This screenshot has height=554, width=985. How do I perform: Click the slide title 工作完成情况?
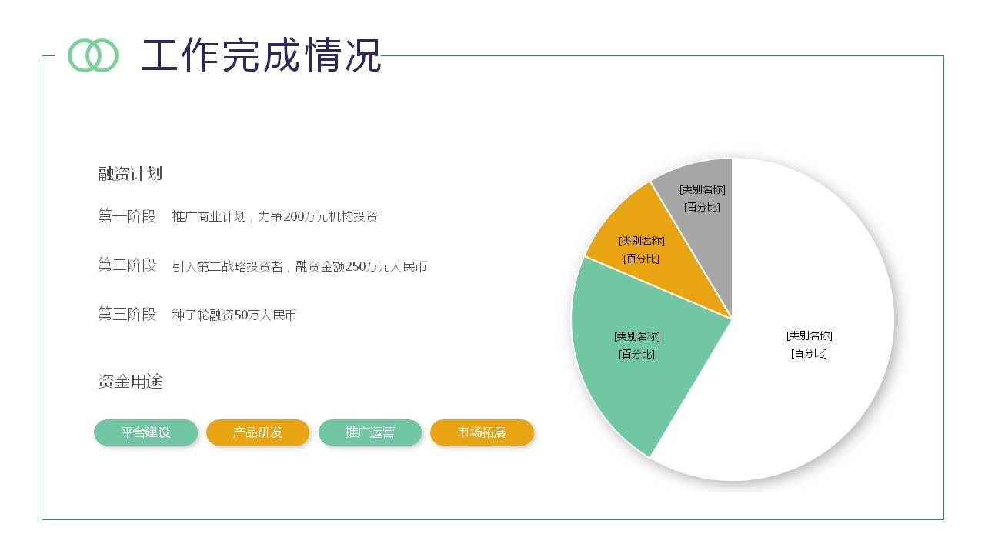[x=261, y=55]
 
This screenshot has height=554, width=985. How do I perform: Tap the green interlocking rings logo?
[x=93, y=55]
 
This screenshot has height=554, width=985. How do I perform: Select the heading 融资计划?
[x=130, y=174]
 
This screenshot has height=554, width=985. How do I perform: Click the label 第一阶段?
[x=127, y=216]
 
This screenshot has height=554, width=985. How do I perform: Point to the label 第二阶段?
[x=127, y=265]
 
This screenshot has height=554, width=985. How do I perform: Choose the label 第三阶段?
[x=127, y=314]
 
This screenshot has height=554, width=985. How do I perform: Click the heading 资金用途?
[x=130, y=382]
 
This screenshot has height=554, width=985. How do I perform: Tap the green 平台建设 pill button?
[x=145, y=432]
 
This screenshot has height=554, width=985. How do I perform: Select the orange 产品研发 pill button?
[x=258, y=432]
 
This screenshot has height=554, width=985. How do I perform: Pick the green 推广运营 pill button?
[x=370, y=432]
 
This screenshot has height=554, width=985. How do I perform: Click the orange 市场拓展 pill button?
[x=482, y=432]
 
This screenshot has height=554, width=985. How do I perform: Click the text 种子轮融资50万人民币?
[x=234, y=315]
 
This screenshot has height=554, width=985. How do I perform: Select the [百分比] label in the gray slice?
[x=702, y=207]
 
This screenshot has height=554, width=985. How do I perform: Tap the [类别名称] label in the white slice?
[x=810, y=335]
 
